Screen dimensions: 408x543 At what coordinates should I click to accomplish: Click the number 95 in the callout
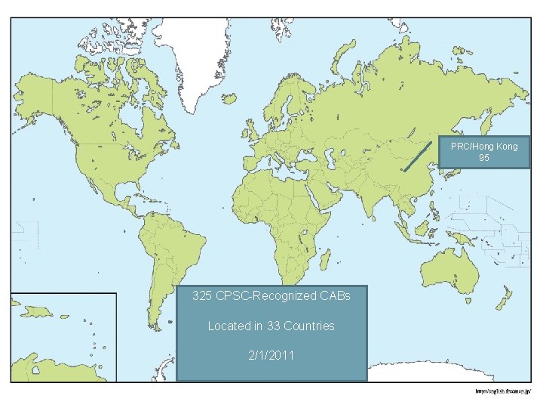[484, 159]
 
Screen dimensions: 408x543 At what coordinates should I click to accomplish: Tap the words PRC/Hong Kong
[484, 147]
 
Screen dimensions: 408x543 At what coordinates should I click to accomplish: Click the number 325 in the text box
[202, 296]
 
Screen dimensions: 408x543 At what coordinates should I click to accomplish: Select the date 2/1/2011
[271, 355]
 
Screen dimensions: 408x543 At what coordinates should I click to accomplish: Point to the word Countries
[309, 326]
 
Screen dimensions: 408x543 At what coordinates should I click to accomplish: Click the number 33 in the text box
[273, 326]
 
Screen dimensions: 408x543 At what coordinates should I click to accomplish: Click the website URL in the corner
[504, 391]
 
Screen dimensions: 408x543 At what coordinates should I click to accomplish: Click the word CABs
[335, 296]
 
